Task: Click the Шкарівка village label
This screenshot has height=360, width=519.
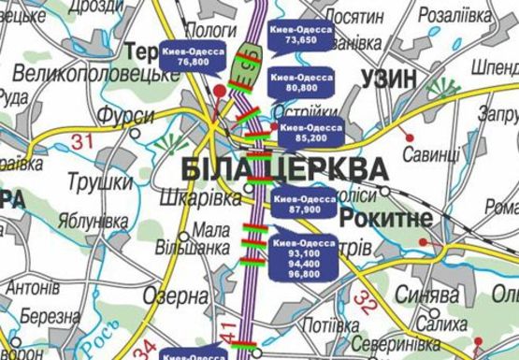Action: click(x=202, y=198)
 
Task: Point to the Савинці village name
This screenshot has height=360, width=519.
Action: click(x=431, y=152)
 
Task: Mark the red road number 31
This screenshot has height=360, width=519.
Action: click(x=83, y=142)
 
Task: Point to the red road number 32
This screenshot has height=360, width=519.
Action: click(x=368, y=302)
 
